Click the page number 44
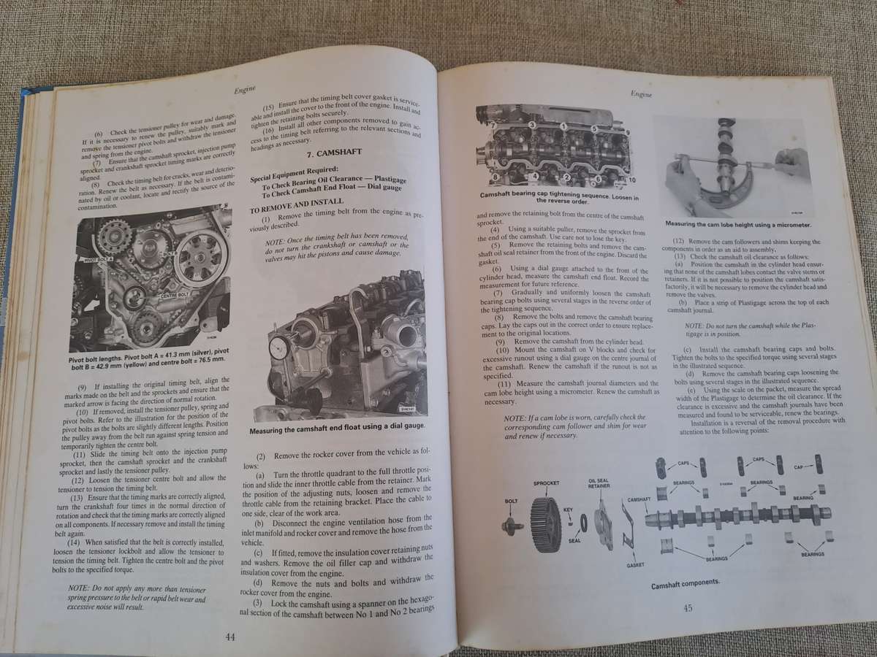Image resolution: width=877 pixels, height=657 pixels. [x=229, y=637]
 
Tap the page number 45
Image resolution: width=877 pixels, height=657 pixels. [x=687, y=608]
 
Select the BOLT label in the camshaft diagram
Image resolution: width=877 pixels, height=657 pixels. [x=511, y=502]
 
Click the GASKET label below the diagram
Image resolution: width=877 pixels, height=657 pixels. [x=635, y=565]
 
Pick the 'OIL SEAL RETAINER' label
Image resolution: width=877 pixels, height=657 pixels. [x=599, y=484]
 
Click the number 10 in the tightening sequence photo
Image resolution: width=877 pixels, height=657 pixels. [x=631, y=180]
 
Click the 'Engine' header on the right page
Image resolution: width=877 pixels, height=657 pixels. [x=642, y=93]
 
